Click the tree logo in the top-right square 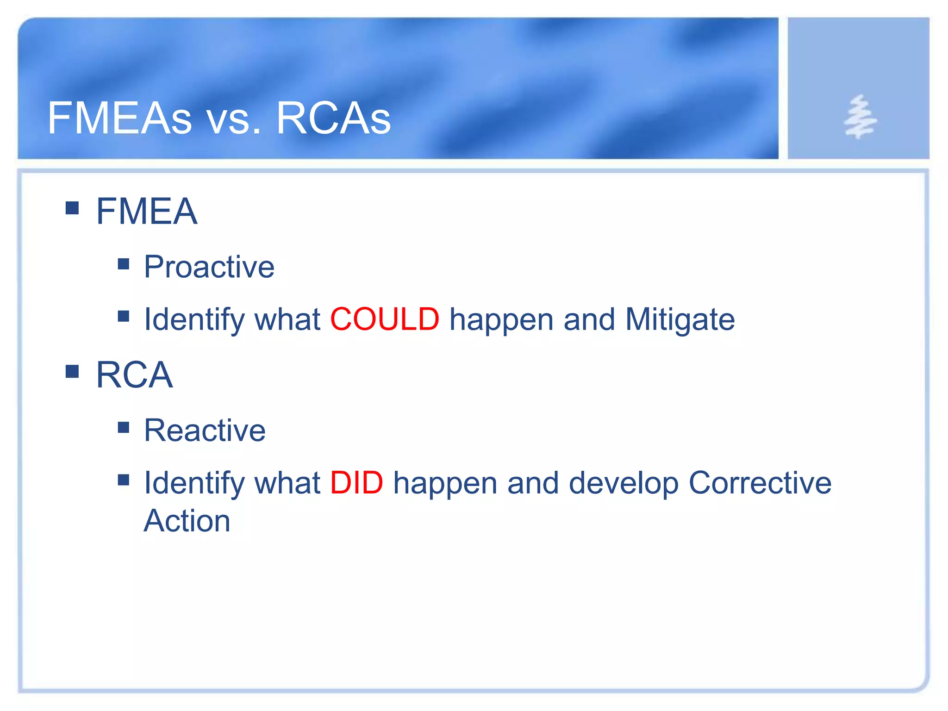[x=860, y=117]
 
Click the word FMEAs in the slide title [x=119, y=118]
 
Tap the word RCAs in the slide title [x=333, y=118]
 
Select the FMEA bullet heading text [x=146, y=212]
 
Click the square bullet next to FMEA [x=72, y=208]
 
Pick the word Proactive [x=209, y=267]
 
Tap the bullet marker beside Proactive [x=124, y=264]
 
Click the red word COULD [x=384, y=319]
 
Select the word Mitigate [x=680, y=319]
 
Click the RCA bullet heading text [x=134, y=375]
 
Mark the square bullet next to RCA [x=72, y=371]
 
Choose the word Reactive [x=205, y=430]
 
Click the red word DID [x=356, y=483]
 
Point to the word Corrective [x=760, y=483]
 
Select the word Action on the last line [x=187, y=521]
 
